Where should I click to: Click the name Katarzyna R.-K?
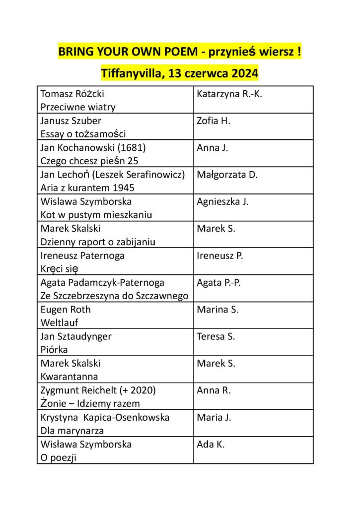click(229, 94)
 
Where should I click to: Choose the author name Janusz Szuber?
click(71, 121)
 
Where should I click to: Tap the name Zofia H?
click(214, 121)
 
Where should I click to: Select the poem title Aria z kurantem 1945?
click(87, 188)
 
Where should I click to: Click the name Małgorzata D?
click(227, 175)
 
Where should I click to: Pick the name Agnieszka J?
click(222, 201)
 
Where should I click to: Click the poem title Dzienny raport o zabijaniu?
click(98, 242)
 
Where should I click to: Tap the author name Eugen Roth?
click(66, 310)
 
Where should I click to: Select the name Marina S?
click(217, 310)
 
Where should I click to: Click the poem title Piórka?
click(54, 349)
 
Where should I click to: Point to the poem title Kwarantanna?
click(69, 376)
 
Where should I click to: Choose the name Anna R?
click(214, 390)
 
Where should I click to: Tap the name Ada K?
click(211, 444)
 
